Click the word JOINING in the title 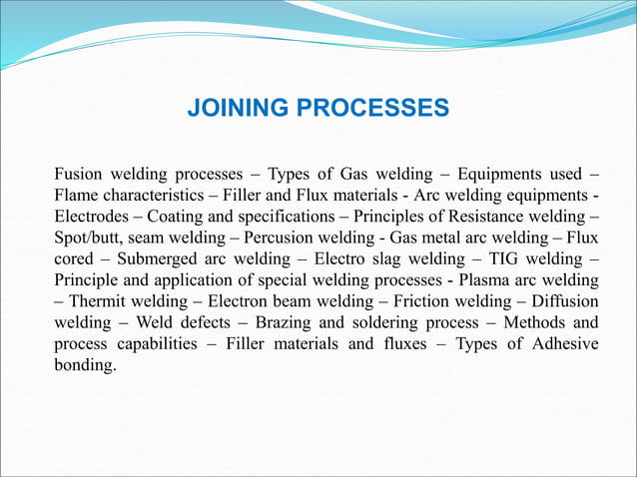[236, 107]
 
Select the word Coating [177, 215]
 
